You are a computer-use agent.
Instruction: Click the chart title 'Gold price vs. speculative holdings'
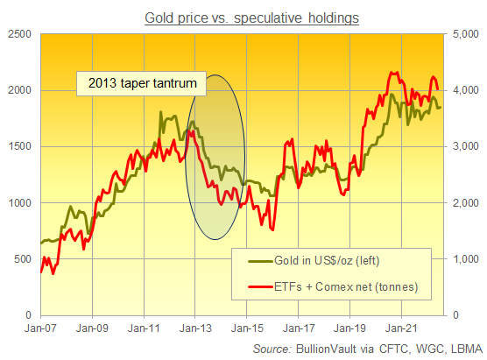(243, 18)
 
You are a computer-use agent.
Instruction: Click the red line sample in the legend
(258, 286)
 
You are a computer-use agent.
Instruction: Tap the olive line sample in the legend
(258, 261)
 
